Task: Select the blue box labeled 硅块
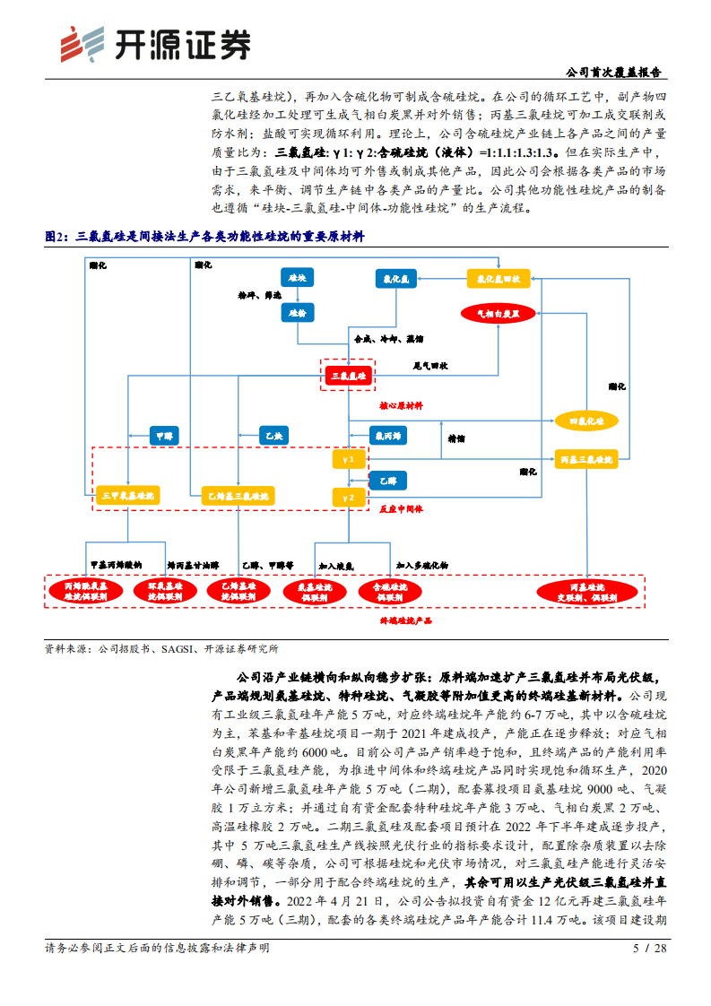click(296, 279)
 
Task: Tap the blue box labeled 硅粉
click(296, 312)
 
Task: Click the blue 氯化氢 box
click(395, 279)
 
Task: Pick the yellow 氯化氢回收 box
click(499, 279)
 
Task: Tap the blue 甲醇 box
click(163, 435)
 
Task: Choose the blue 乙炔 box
click(275, 435)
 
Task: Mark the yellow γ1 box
click(349, 459)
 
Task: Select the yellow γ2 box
click(349, 495)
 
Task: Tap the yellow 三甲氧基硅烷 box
click(127, 495)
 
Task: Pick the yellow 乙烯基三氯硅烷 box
click(238, 495)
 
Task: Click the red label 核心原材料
click(401, 406)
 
